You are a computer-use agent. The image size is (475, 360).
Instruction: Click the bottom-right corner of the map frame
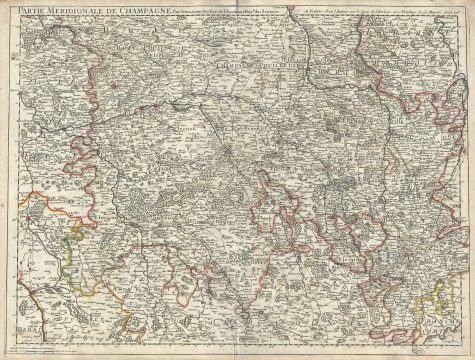point(465,344)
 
